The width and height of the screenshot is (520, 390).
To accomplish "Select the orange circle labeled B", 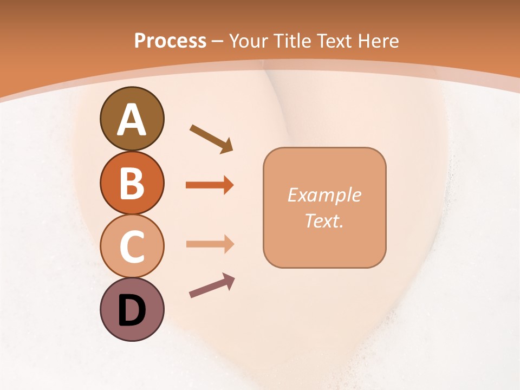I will (132, 183).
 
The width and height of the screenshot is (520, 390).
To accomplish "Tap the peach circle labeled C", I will (132, 246).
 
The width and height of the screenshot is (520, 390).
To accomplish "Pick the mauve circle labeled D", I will (132, 309).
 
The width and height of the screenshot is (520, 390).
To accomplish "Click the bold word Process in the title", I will (170, 41).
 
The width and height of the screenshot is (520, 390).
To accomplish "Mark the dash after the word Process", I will (218, 41).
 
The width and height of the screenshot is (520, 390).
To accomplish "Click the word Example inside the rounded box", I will (324, 195).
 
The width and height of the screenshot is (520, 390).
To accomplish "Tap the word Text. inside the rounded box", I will (324, 221).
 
